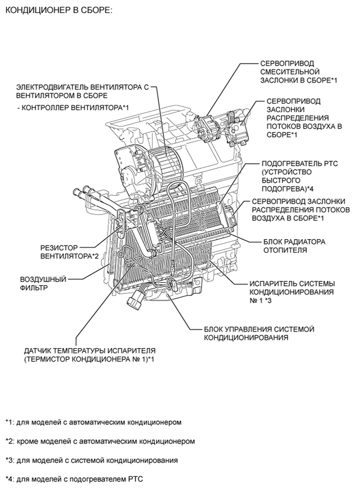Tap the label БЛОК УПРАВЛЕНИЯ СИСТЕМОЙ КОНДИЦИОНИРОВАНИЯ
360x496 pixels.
coord(259,333)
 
